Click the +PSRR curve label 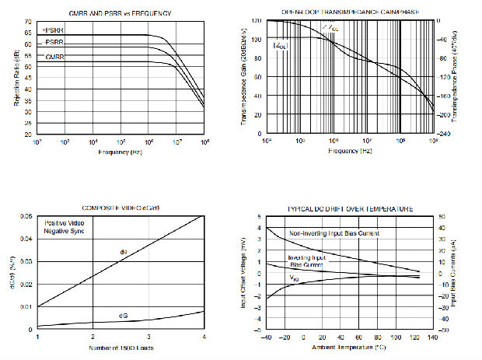pyautogui.click(x=53, y=30)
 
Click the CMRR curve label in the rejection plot pyautogui.click(x=54, y=57)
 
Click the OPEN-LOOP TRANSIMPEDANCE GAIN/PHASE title pyautogui.click(x=349, y=12)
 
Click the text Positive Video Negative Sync pyautogui.click(x=63, y=227)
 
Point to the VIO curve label pyautogui.click(x=295, y=278)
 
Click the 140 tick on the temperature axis pyautogui.click(x=433, y=337)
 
